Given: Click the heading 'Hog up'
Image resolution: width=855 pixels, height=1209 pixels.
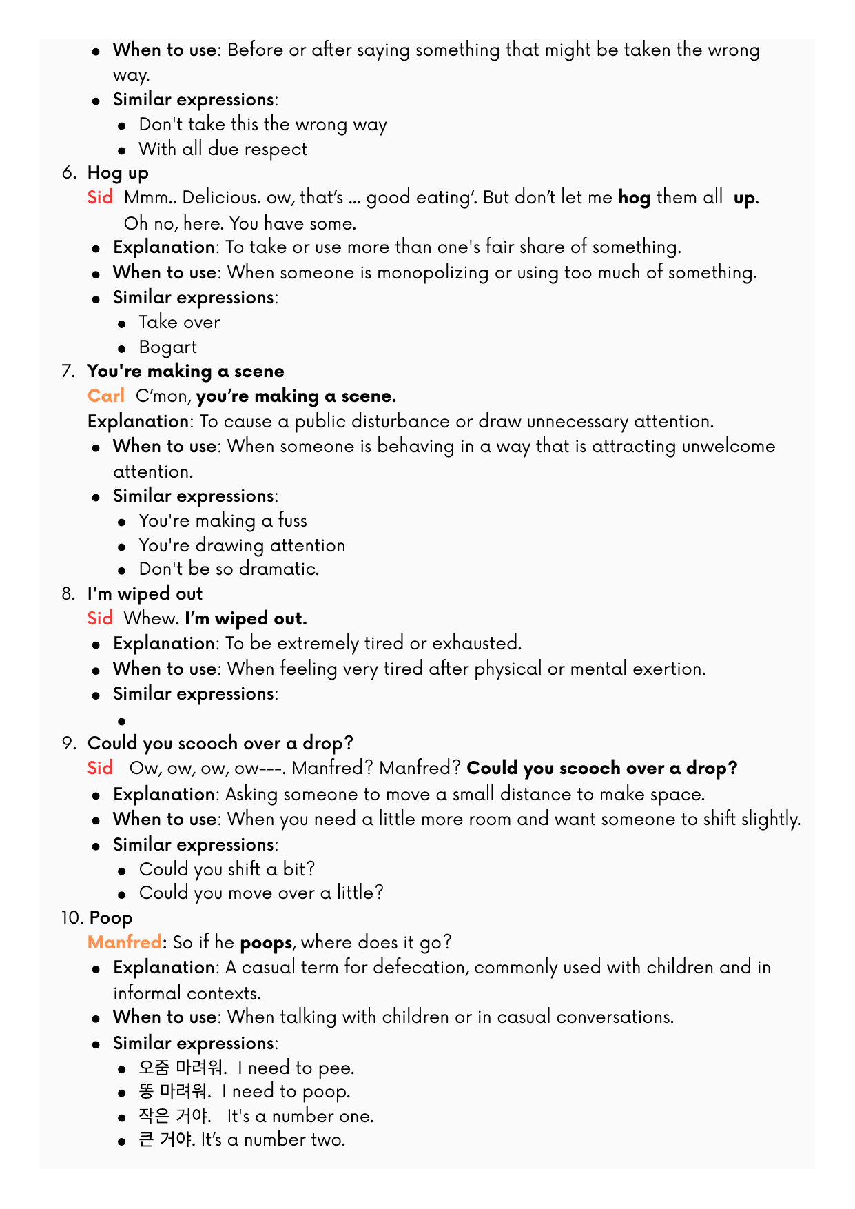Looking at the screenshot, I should click(x=118, y=173).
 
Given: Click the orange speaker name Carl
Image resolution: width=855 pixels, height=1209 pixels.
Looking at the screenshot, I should click(x=105, y=396).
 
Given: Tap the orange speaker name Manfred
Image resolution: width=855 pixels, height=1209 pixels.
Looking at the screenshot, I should click(x=124, y=942).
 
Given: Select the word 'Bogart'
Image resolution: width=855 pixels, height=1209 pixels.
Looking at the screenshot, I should click(x=167, y=347).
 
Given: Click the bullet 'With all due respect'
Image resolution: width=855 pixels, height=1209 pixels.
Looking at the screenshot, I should click(x=223, y=149).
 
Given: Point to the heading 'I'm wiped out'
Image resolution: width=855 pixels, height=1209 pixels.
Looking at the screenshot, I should click(x=145, y=593).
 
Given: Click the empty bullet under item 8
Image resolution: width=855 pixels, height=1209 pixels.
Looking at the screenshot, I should click(x=122, y=721).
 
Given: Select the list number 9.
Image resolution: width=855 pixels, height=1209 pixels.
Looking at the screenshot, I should click(x=68, y=743).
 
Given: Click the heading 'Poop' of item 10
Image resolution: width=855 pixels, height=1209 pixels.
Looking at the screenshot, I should click(x=111, y=918).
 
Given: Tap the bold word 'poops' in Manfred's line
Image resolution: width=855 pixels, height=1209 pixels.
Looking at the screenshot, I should click(x=266, y=942).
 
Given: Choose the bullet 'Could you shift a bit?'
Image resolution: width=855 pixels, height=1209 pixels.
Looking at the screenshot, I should click(x=227, y=868).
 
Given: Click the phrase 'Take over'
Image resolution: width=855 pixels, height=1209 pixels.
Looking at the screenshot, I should click(x=179, y=322).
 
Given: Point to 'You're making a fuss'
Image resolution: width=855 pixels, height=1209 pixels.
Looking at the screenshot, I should click(x=223, y=520).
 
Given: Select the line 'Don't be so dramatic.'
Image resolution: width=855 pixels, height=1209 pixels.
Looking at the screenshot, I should click(x=229, y=569).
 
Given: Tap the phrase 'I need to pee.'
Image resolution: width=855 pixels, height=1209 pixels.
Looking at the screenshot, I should click(x=296, y=1068).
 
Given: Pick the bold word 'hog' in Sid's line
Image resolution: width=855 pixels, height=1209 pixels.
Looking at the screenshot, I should click(x=634, y=198).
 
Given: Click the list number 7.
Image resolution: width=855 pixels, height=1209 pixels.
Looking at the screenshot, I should click(x=68, y=372).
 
